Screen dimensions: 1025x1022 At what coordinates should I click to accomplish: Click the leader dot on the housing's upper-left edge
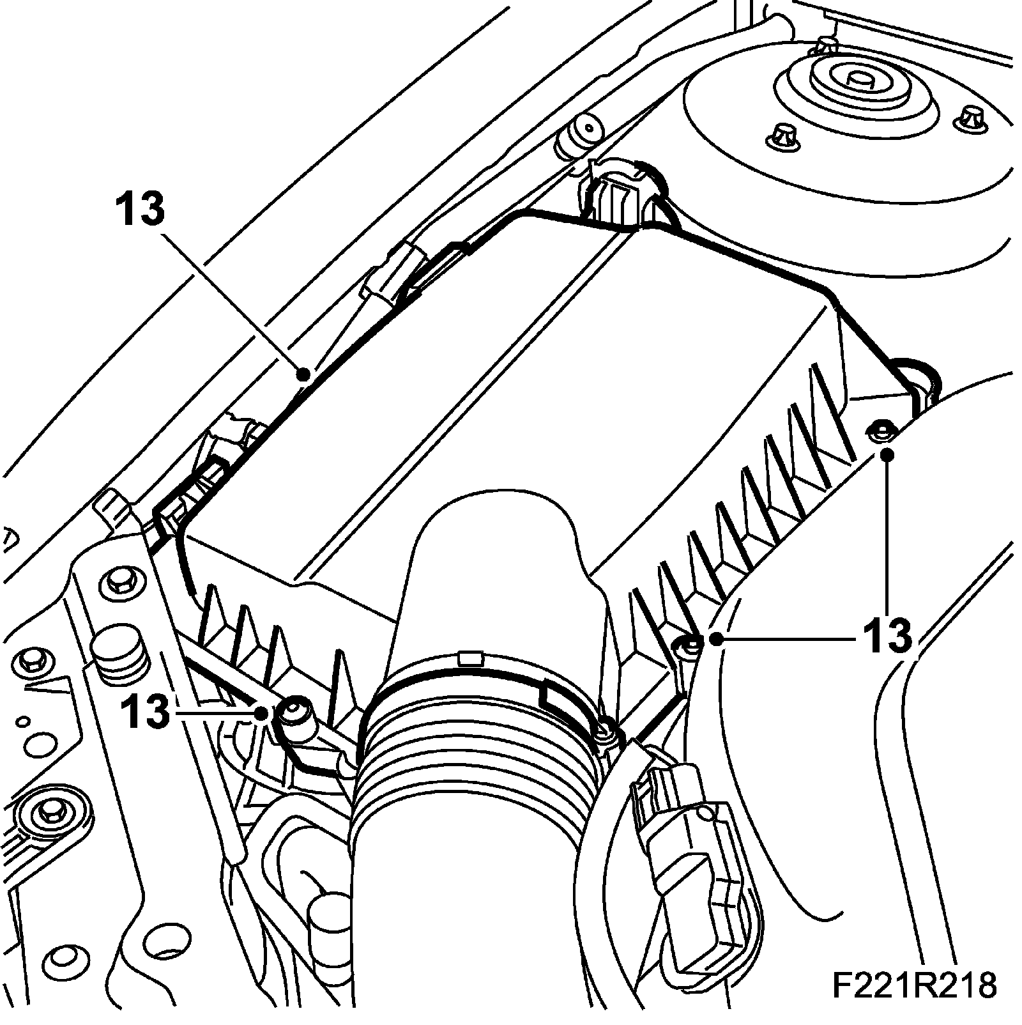305,373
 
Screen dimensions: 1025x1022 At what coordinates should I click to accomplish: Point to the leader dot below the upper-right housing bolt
887,454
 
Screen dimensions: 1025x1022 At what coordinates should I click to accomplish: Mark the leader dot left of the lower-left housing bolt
261,713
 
